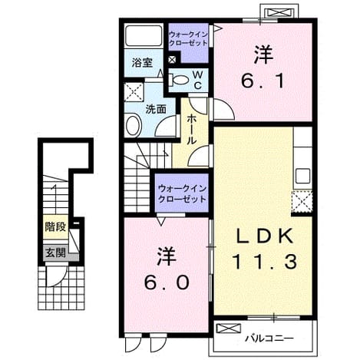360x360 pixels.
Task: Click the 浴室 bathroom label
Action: [x=142, y=63]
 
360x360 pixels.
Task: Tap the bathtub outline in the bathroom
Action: [x=144, y=35]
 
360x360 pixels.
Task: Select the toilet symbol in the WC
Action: [x=179, y=79]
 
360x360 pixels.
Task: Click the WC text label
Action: [x=197, y=81]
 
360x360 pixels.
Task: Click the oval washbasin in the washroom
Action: [x=134, y=126]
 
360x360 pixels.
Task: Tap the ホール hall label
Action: [x=192, y=130]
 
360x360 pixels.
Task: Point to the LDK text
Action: [x=265, y=236]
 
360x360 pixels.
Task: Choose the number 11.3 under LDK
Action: [x=265, y=262]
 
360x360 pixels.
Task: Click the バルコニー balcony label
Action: [x=269, y=339]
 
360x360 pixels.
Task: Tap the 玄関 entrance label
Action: [x=56, y=253]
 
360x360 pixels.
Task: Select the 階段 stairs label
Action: [x=56, y=226]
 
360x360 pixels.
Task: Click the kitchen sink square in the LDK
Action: [x=302, y=177]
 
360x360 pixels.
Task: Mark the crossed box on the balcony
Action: [x=229, y=329]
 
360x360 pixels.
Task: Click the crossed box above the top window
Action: [x=279, y=12]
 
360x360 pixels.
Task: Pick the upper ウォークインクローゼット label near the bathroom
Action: [x=188, y=38]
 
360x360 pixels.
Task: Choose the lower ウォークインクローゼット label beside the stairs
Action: [x=182, y=193]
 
